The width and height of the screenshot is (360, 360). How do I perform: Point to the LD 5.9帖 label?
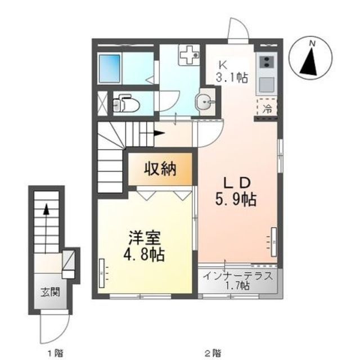pos(236,191)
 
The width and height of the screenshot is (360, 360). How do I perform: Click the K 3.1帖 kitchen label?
pos(231,71)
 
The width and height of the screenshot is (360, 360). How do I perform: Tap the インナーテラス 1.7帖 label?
pos(238,280)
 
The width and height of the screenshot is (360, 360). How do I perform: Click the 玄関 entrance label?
pos(50,292)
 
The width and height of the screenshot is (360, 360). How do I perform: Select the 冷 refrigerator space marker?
pos(267,109)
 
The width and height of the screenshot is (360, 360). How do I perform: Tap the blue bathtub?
pos(110,69)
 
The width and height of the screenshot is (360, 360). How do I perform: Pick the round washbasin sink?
pos(205,102)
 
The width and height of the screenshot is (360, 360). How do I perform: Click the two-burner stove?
pos(267,62)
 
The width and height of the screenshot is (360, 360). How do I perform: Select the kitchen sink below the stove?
pos(267,84)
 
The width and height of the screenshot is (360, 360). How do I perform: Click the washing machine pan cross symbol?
pos(190,55)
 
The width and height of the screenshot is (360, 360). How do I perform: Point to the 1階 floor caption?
pos(55,353)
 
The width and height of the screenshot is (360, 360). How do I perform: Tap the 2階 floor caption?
pos(213,353)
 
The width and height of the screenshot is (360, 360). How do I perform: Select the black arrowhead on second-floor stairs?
pos(159,133)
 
